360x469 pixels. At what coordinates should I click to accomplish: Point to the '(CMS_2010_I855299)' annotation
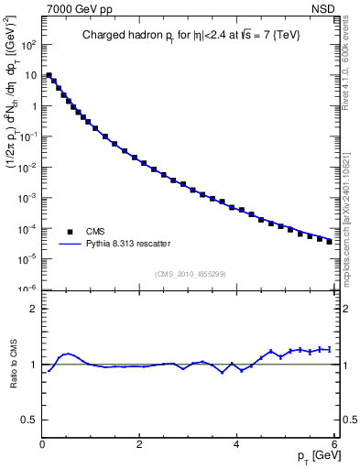coord(187,274)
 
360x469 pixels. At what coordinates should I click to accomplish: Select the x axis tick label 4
coord(236,444)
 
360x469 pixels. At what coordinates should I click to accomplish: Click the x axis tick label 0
coord(42,444)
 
